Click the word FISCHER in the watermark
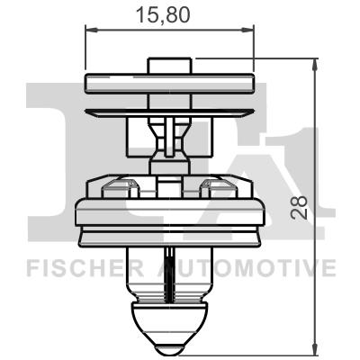pos(76,267)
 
